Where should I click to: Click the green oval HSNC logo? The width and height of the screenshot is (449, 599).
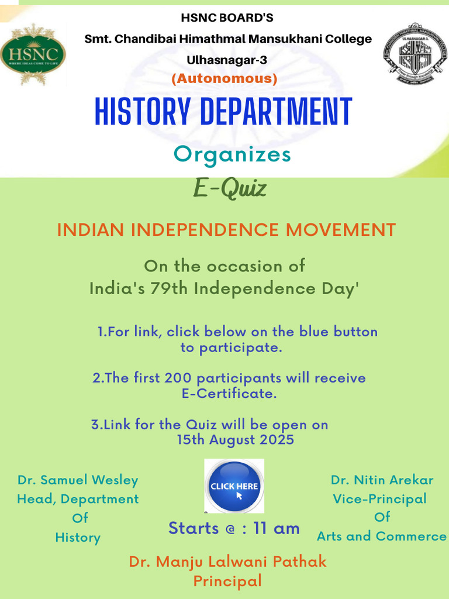pyautogui.click(x=33, y=54)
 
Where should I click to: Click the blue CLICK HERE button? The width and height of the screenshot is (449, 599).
pyautogui.click(x=234, y=486)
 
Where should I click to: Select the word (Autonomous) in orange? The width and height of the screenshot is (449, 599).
pyautogui.click(x=224, y=78)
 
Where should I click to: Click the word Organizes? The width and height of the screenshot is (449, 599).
pyautogui.click(x=232, y=154)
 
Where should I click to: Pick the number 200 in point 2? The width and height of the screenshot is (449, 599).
pyautogui.click(x=178, y=378)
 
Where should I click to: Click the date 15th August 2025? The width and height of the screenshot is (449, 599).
pyautogui.click(x=235, y=439)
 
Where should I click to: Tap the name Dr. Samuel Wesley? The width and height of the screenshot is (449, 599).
pyautogui.click(x=78, y=480)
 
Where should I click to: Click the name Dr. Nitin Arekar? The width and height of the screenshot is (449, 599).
pyautogui.click(x=382, y=480)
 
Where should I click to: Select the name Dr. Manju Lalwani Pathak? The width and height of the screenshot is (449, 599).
pyautogui.click(x=227, y=562)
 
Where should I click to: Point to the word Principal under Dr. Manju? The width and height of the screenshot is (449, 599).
pyautogui.click(x=227, y=581)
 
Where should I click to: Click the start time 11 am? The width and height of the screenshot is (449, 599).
pyautogui.click(x=277, y=528)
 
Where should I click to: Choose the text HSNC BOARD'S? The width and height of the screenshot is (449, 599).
pyautogui.click(x=227, y=18)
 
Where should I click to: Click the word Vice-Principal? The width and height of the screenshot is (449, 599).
pyautogui.click(x=379, y=499)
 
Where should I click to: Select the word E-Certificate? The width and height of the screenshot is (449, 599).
pyautogui.click(x=229, y=394)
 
